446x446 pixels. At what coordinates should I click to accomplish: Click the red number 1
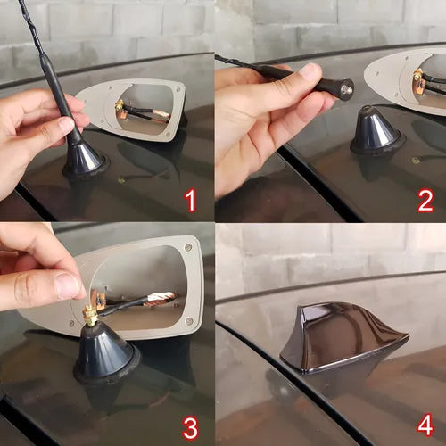click(191, 201)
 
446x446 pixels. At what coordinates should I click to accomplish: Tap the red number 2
click(425, 201)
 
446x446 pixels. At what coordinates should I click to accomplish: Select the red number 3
click(191, 429)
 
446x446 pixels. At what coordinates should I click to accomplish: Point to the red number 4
click(425, 426)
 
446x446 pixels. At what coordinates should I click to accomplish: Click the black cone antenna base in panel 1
click(85, 161)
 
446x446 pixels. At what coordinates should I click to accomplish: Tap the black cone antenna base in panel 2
click(377, 131)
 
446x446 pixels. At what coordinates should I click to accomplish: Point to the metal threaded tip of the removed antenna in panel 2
click(348, 89)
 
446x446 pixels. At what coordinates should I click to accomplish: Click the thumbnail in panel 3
click(68, 285)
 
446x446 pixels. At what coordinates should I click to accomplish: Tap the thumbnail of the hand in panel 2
click(310, 71)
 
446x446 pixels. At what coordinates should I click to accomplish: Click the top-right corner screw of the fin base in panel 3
click(187, 247)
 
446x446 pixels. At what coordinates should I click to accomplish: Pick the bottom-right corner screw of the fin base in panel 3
click(188, 320)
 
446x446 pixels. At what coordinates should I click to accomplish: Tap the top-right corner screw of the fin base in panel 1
click(178, 89)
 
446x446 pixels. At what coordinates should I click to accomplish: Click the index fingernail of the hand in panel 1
click(66, 123)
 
